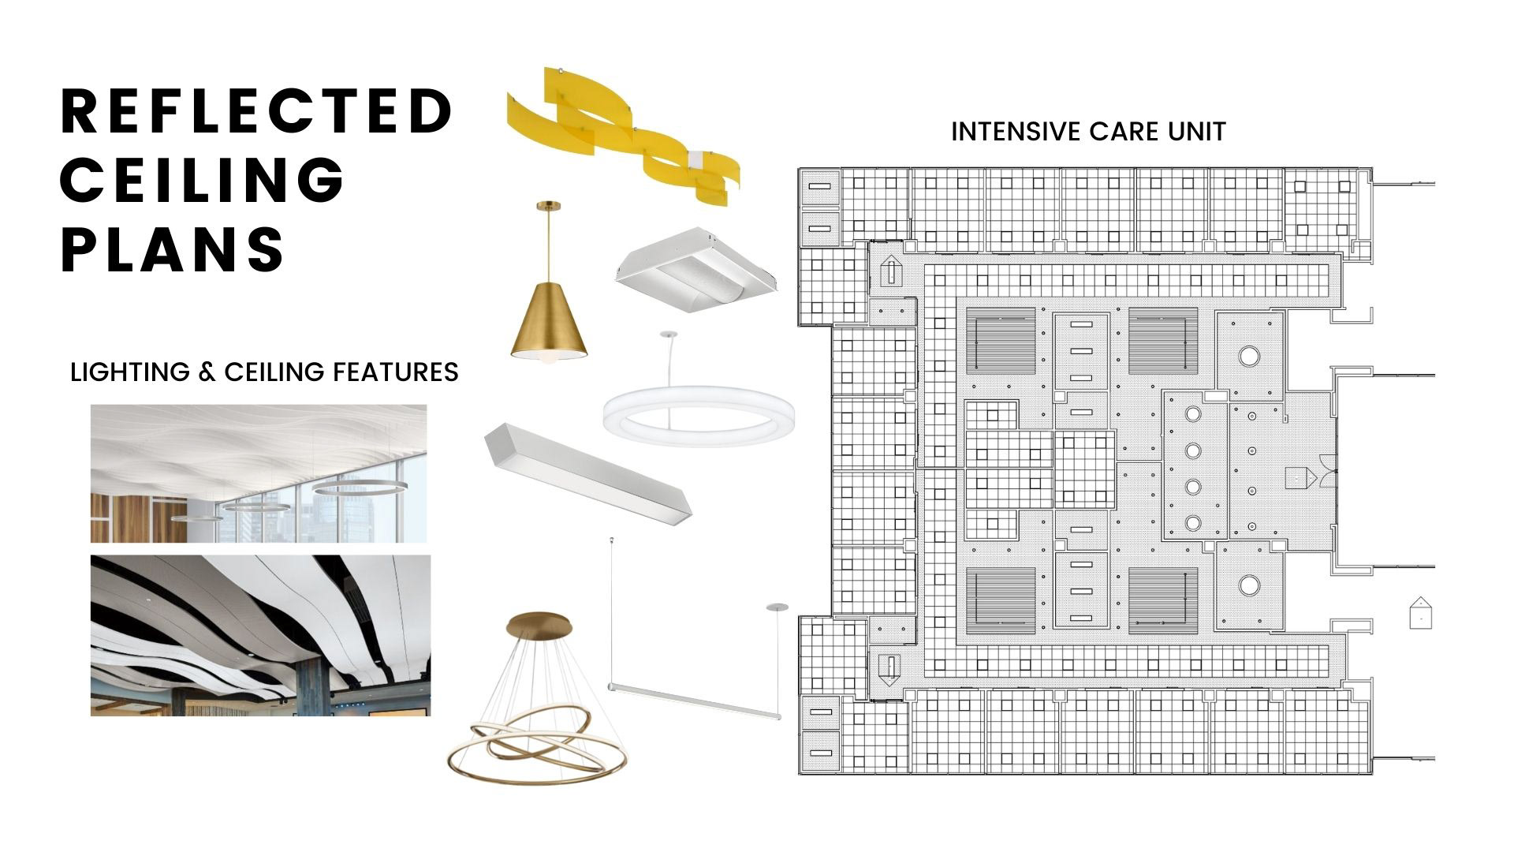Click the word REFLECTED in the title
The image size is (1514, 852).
(256, 111)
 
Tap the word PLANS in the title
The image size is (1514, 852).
(173, 248)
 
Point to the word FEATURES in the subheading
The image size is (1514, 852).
(395, 372)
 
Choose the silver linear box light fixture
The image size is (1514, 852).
(587, 472)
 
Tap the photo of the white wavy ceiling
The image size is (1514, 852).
(259, 473)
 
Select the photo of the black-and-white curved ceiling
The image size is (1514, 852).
(260, 635)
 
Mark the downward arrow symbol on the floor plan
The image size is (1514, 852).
(889, 669)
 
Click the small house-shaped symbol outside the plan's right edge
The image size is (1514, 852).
(1419, 613)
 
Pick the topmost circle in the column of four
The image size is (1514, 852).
(1193, 414)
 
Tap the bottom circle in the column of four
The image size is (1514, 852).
(1193, 522)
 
